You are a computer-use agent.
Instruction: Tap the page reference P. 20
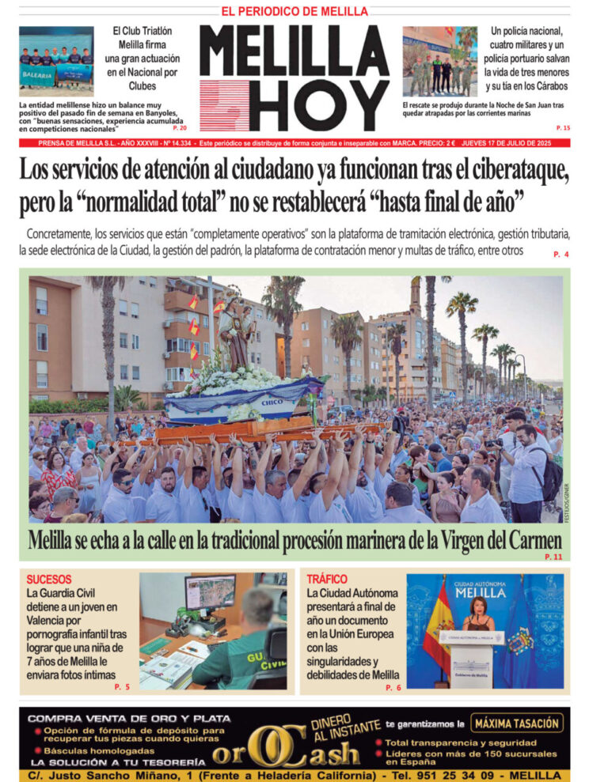tap(180, 128)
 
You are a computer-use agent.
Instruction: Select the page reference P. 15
tap(563, 128)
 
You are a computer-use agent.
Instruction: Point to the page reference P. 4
tap(561, 255)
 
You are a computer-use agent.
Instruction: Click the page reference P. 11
tap(553, 557)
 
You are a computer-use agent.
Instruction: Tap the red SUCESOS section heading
tap(48, 580)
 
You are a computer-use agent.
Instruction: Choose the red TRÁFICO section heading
tap(326, 580)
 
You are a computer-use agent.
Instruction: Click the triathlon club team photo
tap(55, 62)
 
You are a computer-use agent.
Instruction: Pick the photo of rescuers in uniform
tap(439, 62)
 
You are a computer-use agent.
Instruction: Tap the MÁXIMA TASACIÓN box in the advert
tap(519, 723)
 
